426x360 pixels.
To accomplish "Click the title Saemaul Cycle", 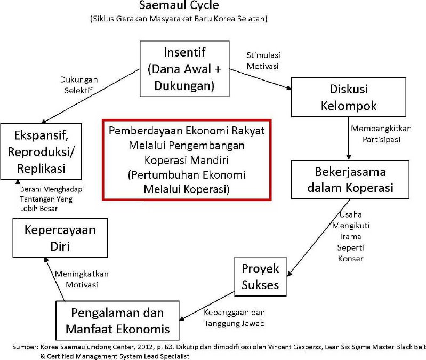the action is [x=179, y=5].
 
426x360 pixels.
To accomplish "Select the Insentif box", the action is [x=184, y=69].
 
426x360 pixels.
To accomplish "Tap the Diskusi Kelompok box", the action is [x=349, y=97].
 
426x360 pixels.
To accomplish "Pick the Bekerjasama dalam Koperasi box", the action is [x=350, y=180].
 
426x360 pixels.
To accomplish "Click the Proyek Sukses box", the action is [x=260, y=276].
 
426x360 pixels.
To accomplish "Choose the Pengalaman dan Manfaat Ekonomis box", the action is [x=117, y=321].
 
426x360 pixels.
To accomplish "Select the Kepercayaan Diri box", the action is [x=60, y=238].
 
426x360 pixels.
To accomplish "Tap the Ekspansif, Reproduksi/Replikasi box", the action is [x=41, y=151].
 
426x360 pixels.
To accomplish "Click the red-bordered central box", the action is [x=187, y=160].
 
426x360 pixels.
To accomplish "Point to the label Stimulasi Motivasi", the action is [x=263, y=61].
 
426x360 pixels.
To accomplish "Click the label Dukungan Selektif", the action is [x=79, y=85].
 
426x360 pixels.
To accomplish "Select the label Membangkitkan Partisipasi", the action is [x=381, y=134].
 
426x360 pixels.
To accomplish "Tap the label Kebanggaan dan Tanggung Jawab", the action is [x=234, y=318].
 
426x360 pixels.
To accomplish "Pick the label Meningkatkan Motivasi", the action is [x=82, y=279].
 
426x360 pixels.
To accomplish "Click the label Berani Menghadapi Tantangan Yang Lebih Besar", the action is [x=52, y=199].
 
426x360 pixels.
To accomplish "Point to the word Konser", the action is [x=350, y=258].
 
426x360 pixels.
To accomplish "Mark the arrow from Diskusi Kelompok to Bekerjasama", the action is [x=349, y=139].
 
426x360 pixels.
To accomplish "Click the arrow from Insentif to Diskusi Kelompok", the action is [x=260, y=79].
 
